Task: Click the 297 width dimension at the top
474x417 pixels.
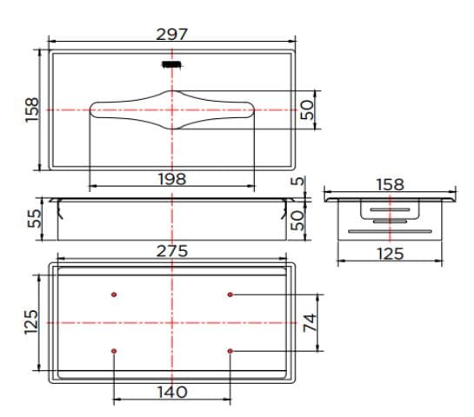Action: (172, 34)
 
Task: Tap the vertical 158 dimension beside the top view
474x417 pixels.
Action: (32, 109)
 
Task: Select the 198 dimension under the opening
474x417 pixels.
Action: (172, 178)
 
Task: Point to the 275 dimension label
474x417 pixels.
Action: (172, 250)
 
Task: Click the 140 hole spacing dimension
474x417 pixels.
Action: (172, 392)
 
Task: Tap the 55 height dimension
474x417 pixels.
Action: (32, 217)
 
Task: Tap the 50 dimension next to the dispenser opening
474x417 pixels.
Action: (307, 109)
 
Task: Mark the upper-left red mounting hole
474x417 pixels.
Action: (114, 295)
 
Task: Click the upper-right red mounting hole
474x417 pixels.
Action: (230, 295)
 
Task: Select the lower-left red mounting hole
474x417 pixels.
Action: (114, 350)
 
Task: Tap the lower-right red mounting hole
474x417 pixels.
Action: (230, 350)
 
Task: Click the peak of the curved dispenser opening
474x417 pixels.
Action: (172, 91)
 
